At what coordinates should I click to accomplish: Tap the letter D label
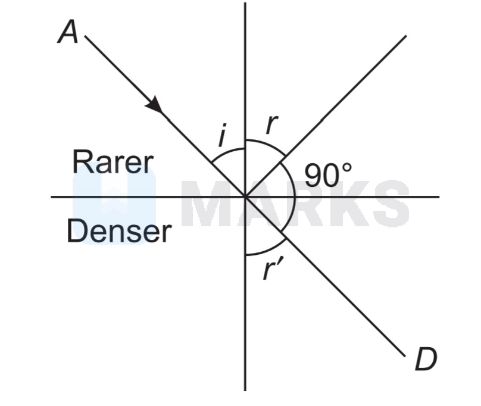click(425, 360)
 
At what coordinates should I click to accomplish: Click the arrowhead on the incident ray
click(155, 105)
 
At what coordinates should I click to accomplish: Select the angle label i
click(221, 135)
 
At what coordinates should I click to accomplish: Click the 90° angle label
click(328, 174)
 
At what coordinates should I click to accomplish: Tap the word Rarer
click(113, 162)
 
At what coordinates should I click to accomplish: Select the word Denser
click(119, 231)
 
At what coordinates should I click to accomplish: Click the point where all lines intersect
click(245, 196)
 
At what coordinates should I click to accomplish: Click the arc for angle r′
click(265, 248)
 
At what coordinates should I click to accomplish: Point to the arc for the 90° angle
click(293, 196)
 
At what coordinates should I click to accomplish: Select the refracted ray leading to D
click(345, 296)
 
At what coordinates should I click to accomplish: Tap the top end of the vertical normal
click(245, 5)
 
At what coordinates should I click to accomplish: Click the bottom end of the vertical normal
click(245, 389)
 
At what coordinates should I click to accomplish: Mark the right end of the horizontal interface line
click(438, 196)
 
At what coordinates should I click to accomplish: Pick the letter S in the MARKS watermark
click(387, 204)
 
